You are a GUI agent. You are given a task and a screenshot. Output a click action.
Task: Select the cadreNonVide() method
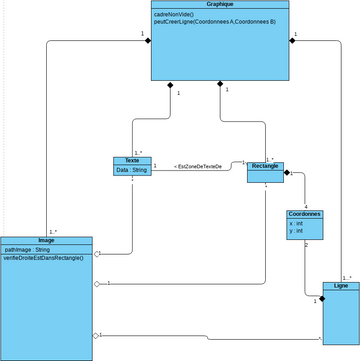pos(175,16)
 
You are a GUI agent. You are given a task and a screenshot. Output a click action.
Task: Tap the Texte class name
pos(132,160)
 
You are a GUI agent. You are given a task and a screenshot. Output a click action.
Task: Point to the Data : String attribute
pos(131,170)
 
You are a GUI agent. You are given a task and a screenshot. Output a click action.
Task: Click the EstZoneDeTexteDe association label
pos(198,166)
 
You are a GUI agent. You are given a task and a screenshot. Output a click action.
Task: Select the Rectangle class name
pos(265,165)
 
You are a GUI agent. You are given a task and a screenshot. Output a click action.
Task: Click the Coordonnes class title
pos(304,214)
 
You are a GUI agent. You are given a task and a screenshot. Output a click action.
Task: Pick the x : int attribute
pos(297,223)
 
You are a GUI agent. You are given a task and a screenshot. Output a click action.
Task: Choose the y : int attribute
pos(297,230)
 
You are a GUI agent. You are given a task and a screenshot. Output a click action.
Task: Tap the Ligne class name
pos(340,286)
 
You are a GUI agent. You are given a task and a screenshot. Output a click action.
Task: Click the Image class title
pos(46,240)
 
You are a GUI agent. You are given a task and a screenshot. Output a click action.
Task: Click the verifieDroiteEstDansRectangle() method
pos(46,257)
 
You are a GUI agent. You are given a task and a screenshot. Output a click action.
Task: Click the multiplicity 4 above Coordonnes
pos(305,204)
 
